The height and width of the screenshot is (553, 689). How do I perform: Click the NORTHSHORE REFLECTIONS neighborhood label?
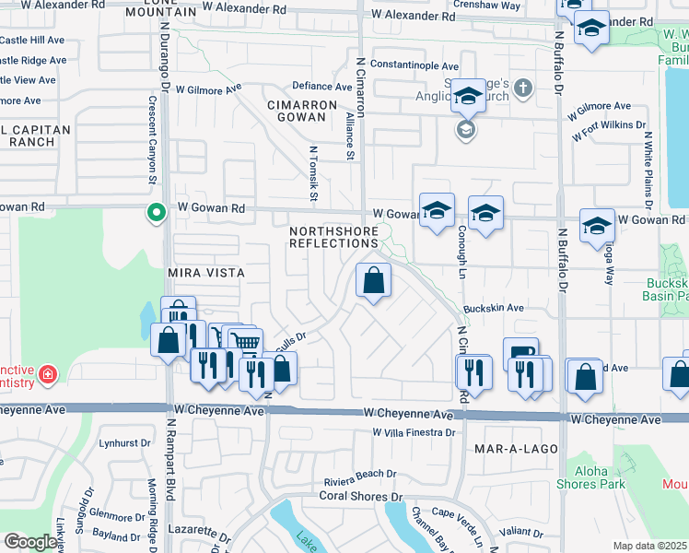tap(333, 236)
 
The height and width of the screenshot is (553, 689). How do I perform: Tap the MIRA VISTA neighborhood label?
tap(206, 273)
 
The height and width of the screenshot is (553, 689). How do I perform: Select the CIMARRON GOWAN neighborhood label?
tap(297, 111)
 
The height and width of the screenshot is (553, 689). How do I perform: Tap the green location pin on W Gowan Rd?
tap(157, 213)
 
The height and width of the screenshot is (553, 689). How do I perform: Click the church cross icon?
tap(522, 89)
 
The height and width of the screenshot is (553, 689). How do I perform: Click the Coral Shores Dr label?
tap(357, 496)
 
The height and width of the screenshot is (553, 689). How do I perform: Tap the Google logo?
tap(29, 541)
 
